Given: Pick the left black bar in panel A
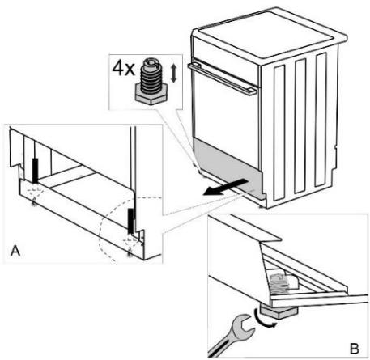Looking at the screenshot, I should tap(36, 172).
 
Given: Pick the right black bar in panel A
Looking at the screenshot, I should tap(130, 218).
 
